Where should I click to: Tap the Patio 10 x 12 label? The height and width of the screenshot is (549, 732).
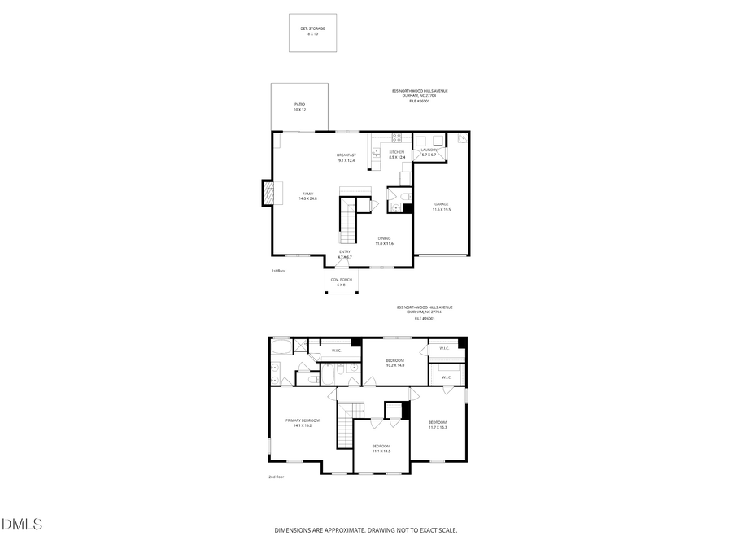click(300, 107)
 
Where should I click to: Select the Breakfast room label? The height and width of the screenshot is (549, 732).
click(346, 157)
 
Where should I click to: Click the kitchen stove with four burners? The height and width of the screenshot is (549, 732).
click(396, 137)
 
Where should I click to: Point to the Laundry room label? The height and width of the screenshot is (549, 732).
click(429, 152)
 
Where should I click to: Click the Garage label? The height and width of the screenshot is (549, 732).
click(441, 207)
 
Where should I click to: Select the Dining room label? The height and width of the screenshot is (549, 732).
click(384, 241)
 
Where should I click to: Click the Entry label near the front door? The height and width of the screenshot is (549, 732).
click(345, 254)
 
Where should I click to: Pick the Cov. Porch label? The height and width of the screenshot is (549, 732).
click(341, 282)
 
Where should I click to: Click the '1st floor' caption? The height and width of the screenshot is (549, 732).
click(278, 271)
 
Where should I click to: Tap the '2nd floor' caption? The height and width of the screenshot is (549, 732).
click(277, 477)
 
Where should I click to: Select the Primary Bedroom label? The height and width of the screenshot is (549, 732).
click(302, 423)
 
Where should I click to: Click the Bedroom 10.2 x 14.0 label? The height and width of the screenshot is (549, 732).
click(394, 362)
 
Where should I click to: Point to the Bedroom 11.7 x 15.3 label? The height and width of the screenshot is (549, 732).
click(438, 425)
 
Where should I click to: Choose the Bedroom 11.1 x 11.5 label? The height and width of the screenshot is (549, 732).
click(381, 448)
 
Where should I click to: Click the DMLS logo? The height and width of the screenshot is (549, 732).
click(22, 524)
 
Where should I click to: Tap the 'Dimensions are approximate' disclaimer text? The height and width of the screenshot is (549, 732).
click(365, 530)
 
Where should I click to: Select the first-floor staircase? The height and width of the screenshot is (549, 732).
click(349, 224)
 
